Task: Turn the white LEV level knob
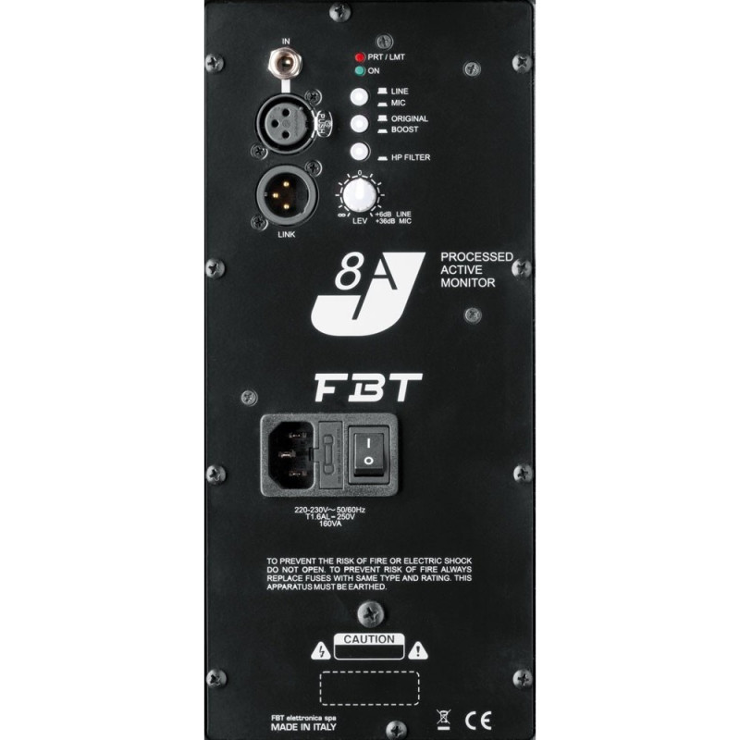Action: (x=362, y=195)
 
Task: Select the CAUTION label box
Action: (x=368, y=639)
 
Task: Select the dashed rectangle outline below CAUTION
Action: (x=369, y=689)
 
